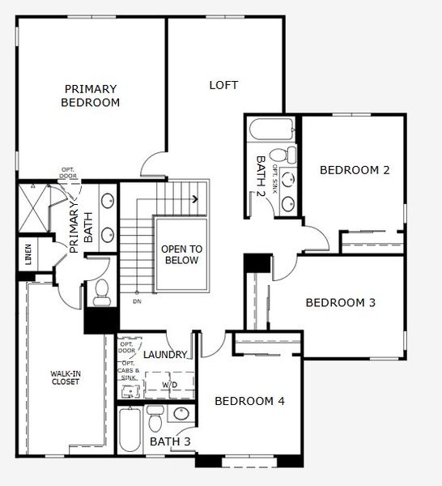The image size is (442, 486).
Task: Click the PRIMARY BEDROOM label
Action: [x=91, y=96]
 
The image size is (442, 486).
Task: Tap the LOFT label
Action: [x=223, y=84]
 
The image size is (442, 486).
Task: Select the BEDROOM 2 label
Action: [x=355, y=170]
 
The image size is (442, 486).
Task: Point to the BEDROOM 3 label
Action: [x=340, y=303]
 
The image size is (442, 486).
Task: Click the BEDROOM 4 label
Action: [x=249, y=400]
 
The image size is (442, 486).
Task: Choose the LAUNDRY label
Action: [x=165, y=355]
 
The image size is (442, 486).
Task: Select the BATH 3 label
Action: [x=170, y=442]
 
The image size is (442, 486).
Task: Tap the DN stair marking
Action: [x=137, y=302]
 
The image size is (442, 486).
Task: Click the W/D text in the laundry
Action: [x=171, y=385]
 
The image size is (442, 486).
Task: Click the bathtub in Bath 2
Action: [x=273, y=130]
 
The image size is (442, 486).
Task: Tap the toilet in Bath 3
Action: [x=155, y=419]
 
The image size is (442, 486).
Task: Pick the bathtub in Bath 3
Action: [x=130, y=433]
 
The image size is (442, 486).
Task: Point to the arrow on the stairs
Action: [x=194, y=198]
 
